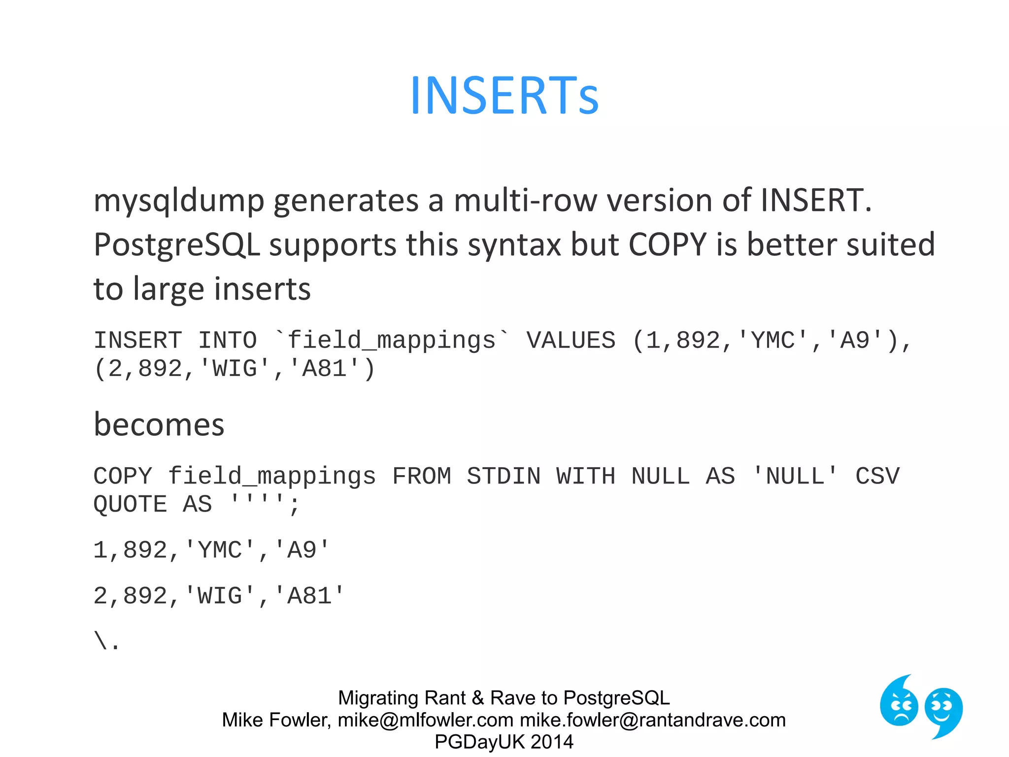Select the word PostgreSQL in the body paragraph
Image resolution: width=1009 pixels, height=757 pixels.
click(176, 245)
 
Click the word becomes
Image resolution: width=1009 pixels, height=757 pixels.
click(159, 425)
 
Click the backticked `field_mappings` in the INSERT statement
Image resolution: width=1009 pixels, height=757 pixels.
click(392, 341)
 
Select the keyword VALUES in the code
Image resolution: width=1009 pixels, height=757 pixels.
click(571, 341)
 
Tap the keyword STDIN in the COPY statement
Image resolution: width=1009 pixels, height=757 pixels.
click(504, 477)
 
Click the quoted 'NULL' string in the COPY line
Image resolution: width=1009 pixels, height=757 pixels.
click(795, 477)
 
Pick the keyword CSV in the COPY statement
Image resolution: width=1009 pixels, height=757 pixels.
click(877, 477)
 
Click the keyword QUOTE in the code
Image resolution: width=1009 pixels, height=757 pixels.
click(130, 505)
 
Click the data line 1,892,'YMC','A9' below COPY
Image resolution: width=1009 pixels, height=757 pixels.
click(211, 550)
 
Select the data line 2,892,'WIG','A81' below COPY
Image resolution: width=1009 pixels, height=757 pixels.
click(218, 596)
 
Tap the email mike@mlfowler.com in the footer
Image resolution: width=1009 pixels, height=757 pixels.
click(425, 720)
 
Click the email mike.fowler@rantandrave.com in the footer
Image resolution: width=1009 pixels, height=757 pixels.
click(652, 720)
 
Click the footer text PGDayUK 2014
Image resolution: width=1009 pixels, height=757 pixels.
click(504, 742)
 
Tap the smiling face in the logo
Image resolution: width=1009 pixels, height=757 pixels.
click(943, 710)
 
